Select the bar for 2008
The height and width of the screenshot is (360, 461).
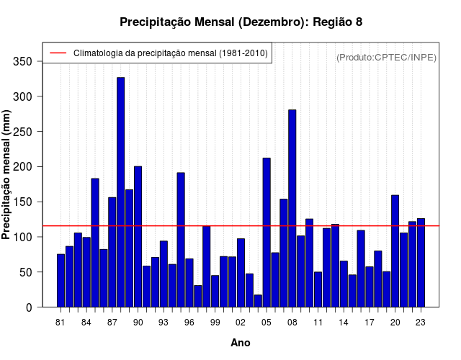292,208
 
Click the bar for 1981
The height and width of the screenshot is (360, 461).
61,281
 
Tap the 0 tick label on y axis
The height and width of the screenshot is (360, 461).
29,307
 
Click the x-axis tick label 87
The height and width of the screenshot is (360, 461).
112,323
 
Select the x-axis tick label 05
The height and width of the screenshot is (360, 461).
267,323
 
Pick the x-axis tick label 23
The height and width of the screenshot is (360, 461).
421,323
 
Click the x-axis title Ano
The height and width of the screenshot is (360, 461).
241,343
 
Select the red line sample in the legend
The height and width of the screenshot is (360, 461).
58,53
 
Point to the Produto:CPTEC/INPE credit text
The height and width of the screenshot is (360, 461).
387,57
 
